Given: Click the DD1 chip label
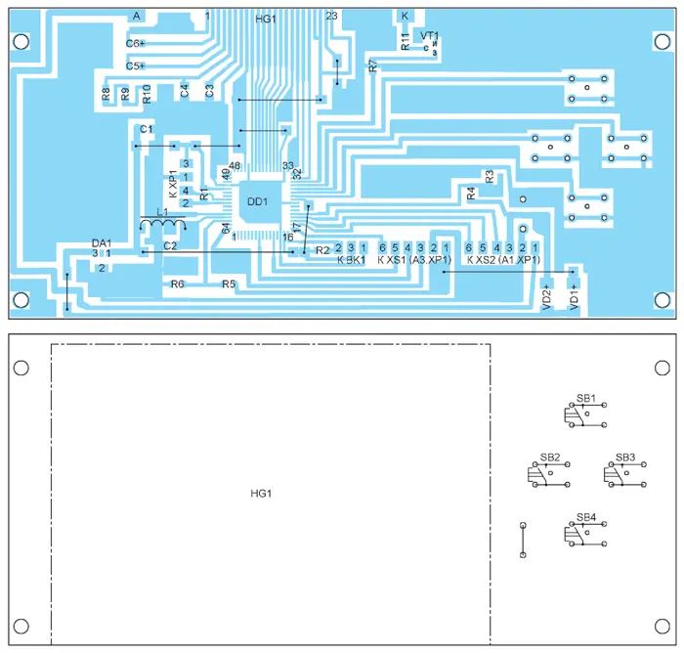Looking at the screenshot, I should tap(257, 201).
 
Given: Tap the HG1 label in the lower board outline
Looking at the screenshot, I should tap(261, 493).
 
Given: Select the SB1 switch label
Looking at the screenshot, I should tap(585, 399).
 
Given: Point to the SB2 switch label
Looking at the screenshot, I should tap(549, 457).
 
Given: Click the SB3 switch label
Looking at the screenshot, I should tap(625, 457).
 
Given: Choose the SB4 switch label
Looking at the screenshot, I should tap(585, 516).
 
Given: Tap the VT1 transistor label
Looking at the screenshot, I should tap(430, 36).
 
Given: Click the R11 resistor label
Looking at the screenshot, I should tap(406, 40).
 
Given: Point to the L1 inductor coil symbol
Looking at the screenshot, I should tap(162, 227).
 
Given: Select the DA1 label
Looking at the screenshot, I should tap(103, 242).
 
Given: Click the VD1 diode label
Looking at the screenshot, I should tap(574, 295).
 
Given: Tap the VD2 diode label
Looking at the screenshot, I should tap(546, 295).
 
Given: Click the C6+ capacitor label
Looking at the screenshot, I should tap(135, 43).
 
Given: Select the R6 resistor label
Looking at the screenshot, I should tap(177, 284).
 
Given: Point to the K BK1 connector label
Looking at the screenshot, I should tap(351, 260).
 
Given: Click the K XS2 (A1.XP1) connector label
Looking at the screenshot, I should tap(502, 260).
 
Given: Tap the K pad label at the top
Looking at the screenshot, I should tap(405, 17).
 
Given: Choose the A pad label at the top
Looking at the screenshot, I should tap(137, 17).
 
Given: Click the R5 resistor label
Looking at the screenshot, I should tap(229, 284).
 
